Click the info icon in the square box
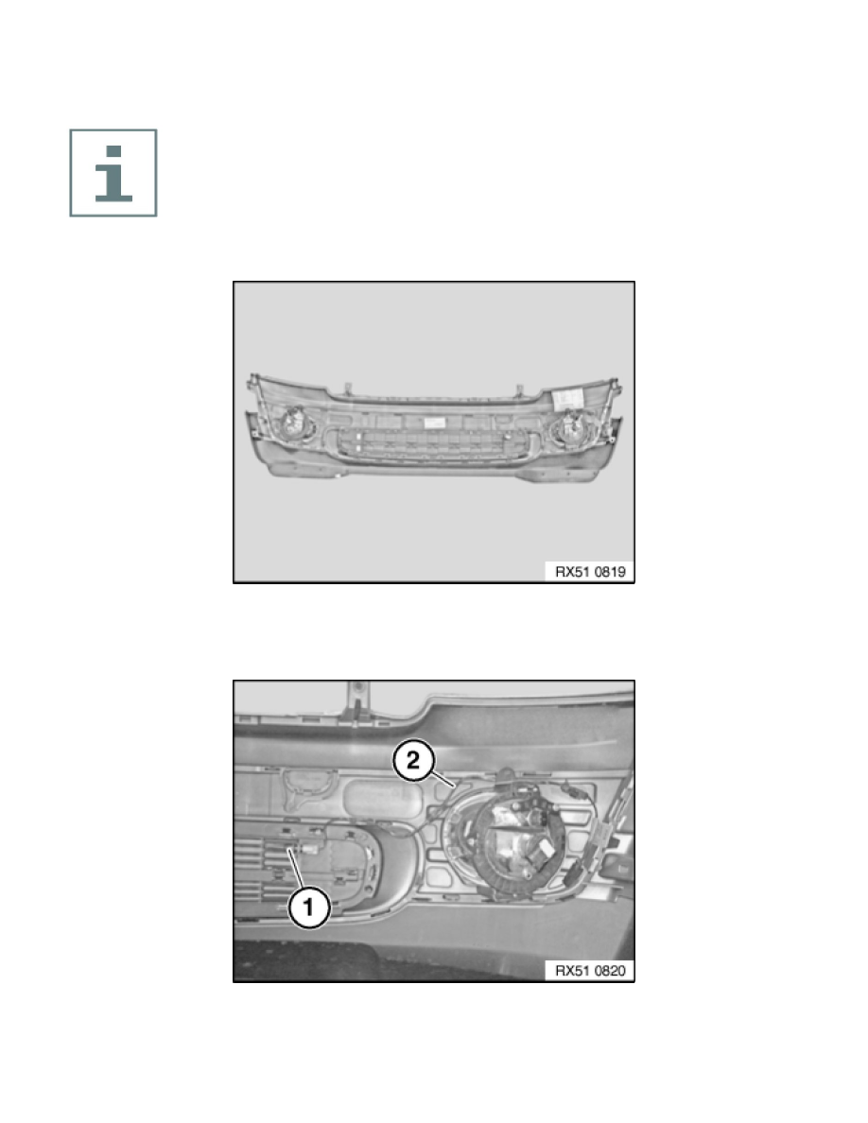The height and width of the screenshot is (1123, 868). click(113, 173)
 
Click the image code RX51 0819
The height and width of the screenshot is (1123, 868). click(589, 572)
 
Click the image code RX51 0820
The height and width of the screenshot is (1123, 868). click(589, 971)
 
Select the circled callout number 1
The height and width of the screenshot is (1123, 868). click(308, 907)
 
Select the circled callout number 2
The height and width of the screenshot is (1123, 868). click(413, 760)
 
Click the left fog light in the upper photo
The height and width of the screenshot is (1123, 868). click(295, 423)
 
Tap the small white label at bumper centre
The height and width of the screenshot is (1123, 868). click(433, 423)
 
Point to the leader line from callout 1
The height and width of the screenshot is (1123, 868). click(297, 870)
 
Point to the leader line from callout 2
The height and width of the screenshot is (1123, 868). click(443, 779)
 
